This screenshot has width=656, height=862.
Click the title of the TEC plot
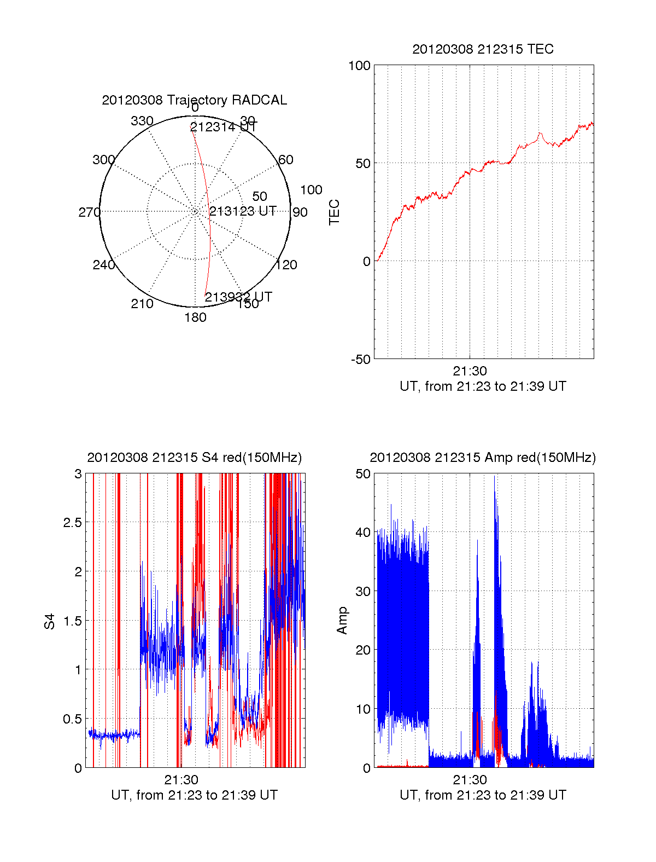(483, 49)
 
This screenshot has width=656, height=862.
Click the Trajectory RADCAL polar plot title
(194, 100)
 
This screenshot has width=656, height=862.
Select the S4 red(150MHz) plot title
(194, 458)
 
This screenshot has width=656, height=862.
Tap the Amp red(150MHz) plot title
(483, 458)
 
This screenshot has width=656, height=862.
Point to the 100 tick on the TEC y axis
(359, 66)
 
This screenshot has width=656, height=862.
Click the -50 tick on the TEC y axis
(360, 360)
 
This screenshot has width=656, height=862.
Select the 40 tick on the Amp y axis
(362, 533)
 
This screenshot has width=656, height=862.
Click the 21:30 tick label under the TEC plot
(470, 371)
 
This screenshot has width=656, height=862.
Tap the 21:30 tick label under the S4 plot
(181, 780)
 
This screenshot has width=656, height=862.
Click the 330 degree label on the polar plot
(142, 121)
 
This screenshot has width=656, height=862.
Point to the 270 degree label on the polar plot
(89, 212)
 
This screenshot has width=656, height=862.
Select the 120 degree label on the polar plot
(286, 265)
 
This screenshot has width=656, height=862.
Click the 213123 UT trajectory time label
(243, 211)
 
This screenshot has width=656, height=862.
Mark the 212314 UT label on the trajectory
(223, 127)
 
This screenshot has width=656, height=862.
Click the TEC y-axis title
(334, 212)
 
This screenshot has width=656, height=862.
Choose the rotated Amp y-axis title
(342, 621)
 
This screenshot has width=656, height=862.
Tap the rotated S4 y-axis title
(50, 621)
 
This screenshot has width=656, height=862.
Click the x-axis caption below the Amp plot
(483, 795)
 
